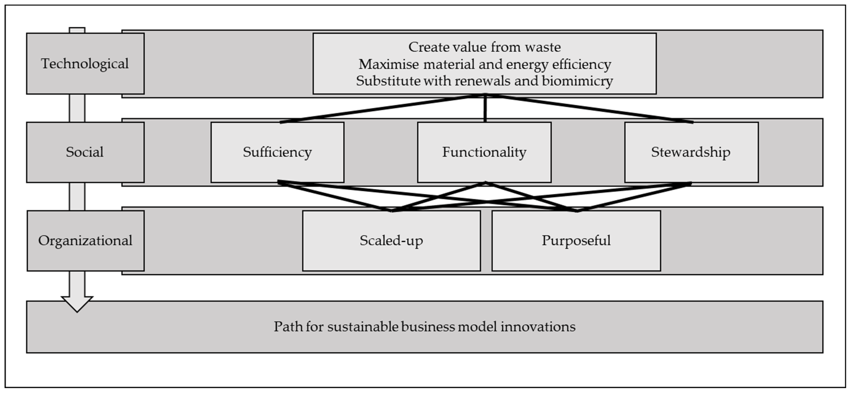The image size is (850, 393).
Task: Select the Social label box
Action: (x=85, y=152)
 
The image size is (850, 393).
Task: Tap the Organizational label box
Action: (x=85, y=241)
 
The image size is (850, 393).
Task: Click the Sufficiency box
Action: (x=277, y=152)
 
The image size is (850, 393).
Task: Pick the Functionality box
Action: (x=484, y=152)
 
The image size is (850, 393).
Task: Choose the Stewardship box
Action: (x=691, y=152)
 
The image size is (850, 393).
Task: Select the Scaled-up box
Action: (x=391, y=241)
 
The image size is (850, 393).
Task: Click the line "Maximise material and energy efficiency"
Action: (x=484, y=64)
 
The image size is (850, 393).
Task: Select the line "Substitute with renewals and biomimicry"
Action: (x=484, y=81)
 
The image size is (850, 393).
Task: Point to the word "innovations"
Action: (x=538, y=327)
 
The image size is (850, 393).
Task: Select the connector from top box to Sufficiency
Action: (x=379, y=109)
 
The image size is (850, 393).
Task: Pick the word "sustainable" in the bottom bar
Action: (x=363, y=327)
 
